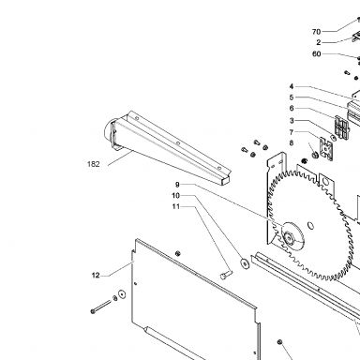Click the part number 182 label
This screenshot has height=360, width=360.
pyautogui.click(x=94, y=164)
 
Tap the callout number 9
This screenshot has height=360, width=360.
pyautogui.click(x=177, y=185)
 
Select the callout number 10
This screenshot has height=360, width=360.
pyautogui.click(x=176, y=196)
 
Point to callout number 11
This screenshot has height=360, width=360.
pyautogui.click(x=176, y=206)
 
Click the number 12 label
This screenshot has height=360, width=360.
pyautogui.click(x=96, y=276)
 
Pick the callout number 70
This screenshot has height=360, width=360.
pyautogui.click(x=316, y=32)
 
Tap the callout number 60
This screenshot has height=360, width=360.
pyautogui.click(x=317, y=54)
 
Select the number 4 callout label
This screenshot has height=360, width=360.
pyautogui.click(x=292, y=86)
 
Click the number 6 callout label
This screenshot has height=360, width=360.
pyautogui.click(x=292, y=109)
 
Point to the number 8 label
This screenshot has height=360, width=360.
pyautogui.click(x=292, y=142)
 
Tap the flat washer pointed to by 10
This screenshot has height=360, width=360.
pyautogui.click(x=245, y=263)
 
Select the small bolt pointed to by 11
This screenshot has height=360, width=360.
pyautogui.click(x=226, y=275)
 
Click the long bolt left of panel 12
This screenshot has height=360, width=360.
pyautogui.click(x=101, y=307)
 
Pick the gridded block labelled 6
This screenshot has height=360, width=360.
pyautogui.click(x=342, y=127)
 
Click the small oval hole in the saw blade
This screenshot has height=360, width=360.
pyautogui.click(x=310, y=226)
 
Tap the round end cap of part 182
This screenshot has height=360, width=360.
pyautogui.click(x=108, y=130)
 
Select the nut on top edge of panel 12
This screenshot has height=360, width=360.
pyautogui.click(x=178, y=253)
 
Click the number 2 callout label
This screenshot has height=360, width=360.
pyautogui.click(x=319, y=42)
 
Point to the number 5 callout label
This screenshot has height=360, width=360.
pyautogui.click(x=292, y=97)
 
